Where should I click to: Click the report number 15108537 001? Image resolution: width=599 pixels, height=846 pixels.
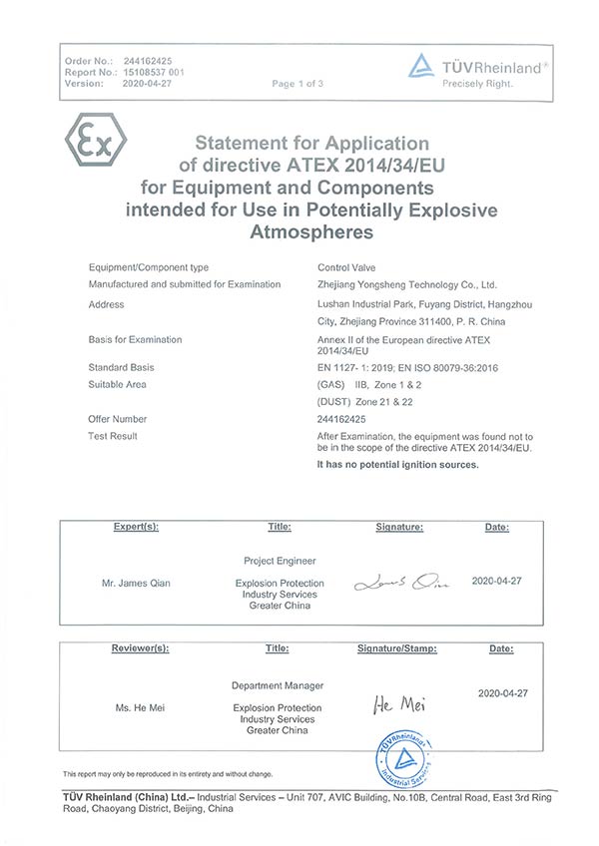[x=154, y=73]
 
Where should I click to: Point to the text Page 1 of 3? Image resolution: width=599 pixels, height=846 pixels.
[x=298, y=84]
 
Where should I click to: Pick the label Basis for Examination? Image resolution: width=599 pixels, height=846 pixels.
[x=135, y=339]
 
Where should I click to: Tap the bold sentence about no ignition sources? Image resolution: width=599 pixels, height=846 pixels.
[x=397, y=465]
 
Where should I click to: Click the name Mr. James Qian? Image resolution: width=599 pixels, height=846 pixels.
[x=137, y=583]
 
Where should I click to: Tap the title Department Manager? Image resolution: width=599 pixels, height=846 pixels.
[x=278, y=685]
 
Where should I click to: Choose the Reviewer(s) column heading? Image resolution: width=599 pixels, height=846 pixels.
[x=140, y=648]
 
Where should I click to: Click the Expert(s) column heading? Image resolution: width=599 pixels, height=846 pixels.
[x=137, y=526]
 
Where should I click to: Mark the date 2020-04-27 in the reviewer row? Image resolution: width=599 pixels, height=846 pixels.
[x=502, y=692]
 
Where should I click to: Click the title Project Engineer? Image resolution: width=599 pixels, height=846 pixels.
[x=277, y=561]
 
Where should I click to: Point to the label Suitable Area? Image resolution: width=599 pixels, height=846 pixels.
[x=118, y=384]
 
